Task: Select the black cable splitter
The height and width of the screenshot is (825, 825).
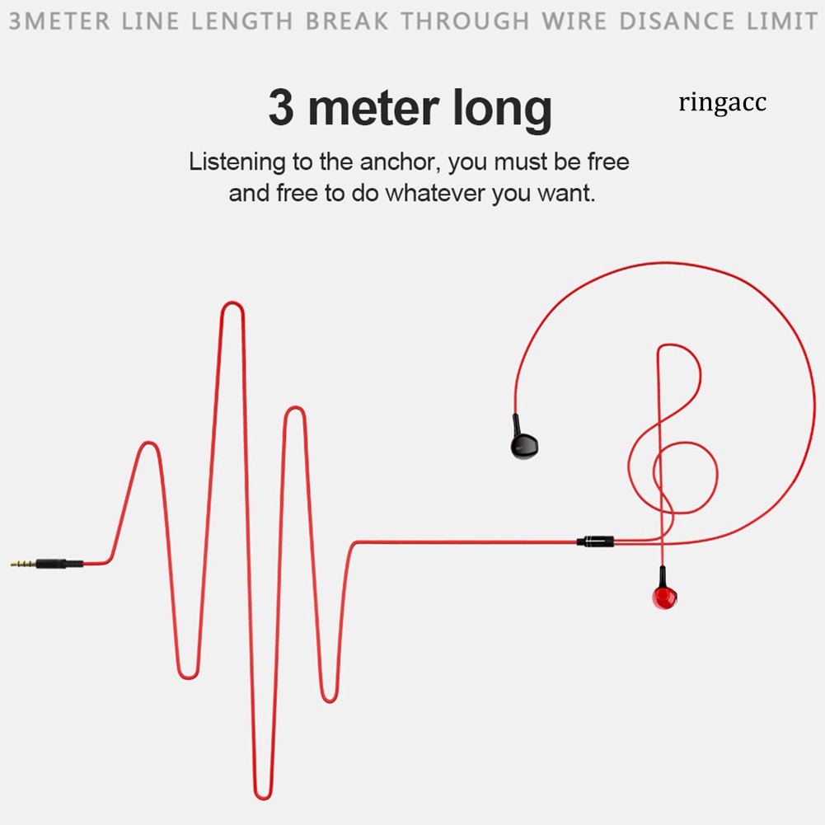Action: coord(595,541)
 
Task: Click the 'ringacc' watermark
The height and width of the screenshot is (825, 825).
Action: coord(722,103)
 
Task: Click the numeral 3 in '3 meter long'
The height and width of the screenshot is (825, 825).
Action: coord(280,109)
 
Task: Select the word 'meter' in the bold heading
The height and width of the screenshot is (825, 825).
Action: coord(379,109)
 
